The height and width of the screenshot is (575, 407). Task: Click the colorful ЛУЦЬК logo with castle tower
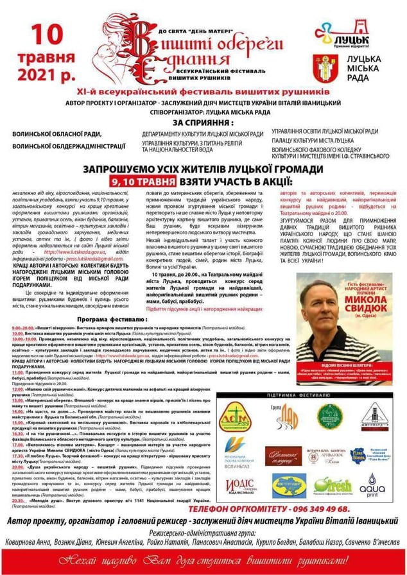[x=351, y=35]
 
